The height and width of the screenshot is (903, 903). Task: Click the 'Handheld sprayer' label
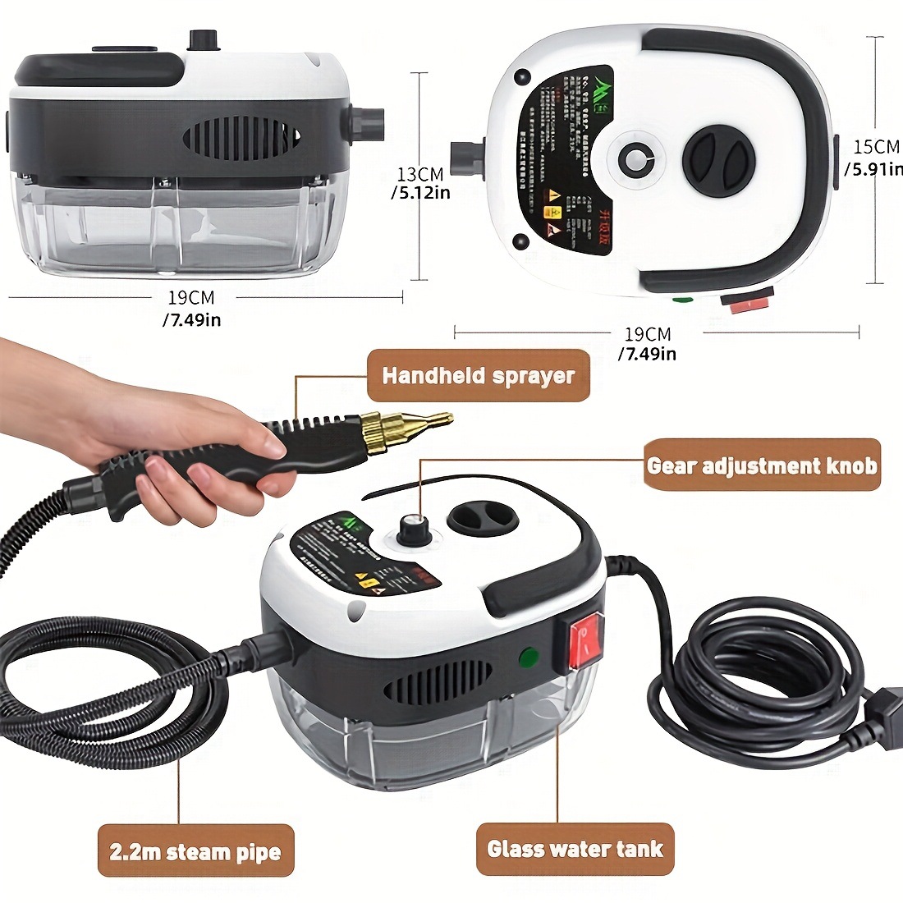pos(478,376)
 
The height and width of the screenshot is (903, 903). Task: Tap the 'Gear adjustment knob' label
pos(762,465)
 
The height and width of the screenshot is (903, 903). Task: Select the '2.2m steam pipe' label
pos(195,851)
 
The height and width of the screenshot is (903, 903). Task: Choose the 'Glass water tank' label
pos(575,848)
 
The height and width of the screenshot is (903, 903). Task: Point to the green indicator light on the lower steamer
pos(529,658)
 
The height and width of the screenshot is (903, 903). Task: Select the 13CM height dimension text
pos(422,182)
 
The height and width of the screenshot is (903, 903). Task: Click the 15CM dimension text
pos(876,157)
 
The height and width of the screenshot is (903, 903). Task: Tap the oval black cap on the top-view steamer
pos(718,156)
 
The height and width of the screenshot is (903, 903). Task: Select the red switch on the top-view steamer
pos(746,302)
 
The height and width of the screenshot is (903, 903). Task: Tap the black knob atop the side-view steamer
pos(200,39)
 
